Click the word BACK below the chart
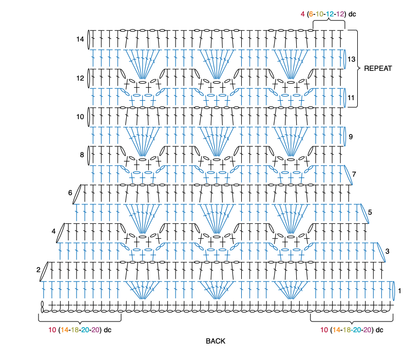point(216,341)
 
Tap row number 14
point(80,39)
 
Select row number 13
point(352,59)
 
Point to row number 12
point(80,79)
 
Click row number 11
point(351,98)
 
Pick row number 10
point(80,117)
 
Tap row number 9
point(351,137)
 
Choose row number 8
point(82,155)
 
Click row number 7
point(354,175)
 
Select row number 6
point(70,193)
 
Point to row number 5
point(370,212)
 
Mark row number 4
point(53,231)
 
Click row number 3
point(387,251)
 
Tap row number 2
point(37,270)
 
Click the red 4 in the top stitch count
point(303,14)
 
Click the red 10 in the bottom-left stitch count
point(52,330)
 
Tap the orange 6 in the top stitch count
point(311,14)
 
